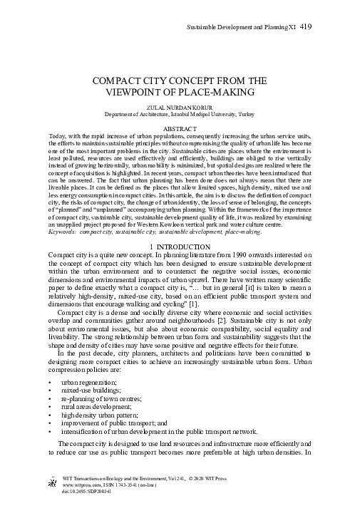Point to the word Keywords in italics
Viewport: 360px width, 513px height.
point(62,191)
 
